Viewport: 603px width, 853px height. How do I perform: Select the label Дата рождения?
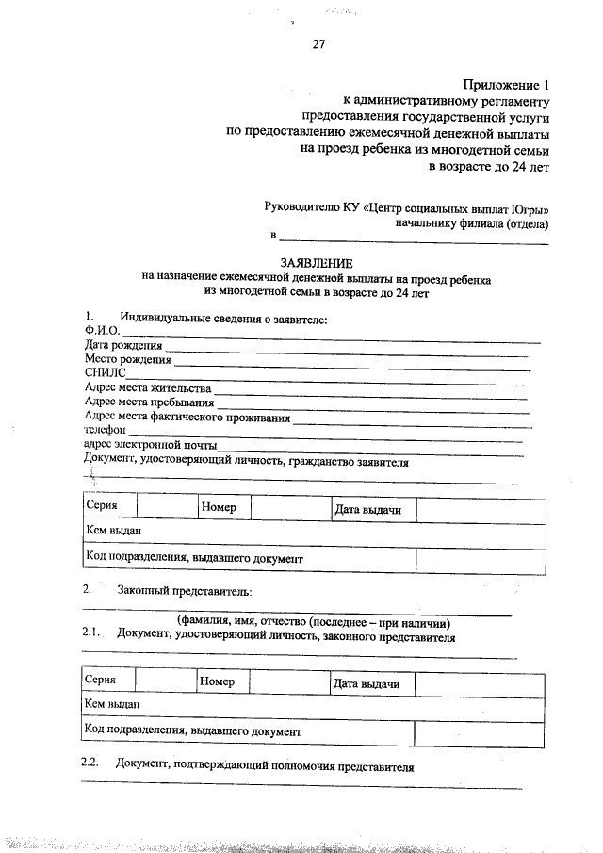click(122, 346)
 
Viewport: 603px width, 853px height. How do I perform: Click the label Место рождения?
click(127, 360)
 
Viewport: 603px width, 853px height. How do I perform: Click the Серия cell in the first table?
click(102, 506)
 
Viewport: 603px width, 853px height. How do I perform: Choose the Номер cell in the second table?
click(216, 681)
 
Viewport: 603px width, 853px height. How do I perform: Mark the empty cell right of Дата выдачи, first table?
click(481, 510)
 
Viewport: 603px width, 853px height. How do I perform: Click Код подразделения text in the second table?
click(192, 730)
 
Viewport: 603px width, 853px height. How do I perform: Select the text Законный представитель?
click(185, 591)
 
